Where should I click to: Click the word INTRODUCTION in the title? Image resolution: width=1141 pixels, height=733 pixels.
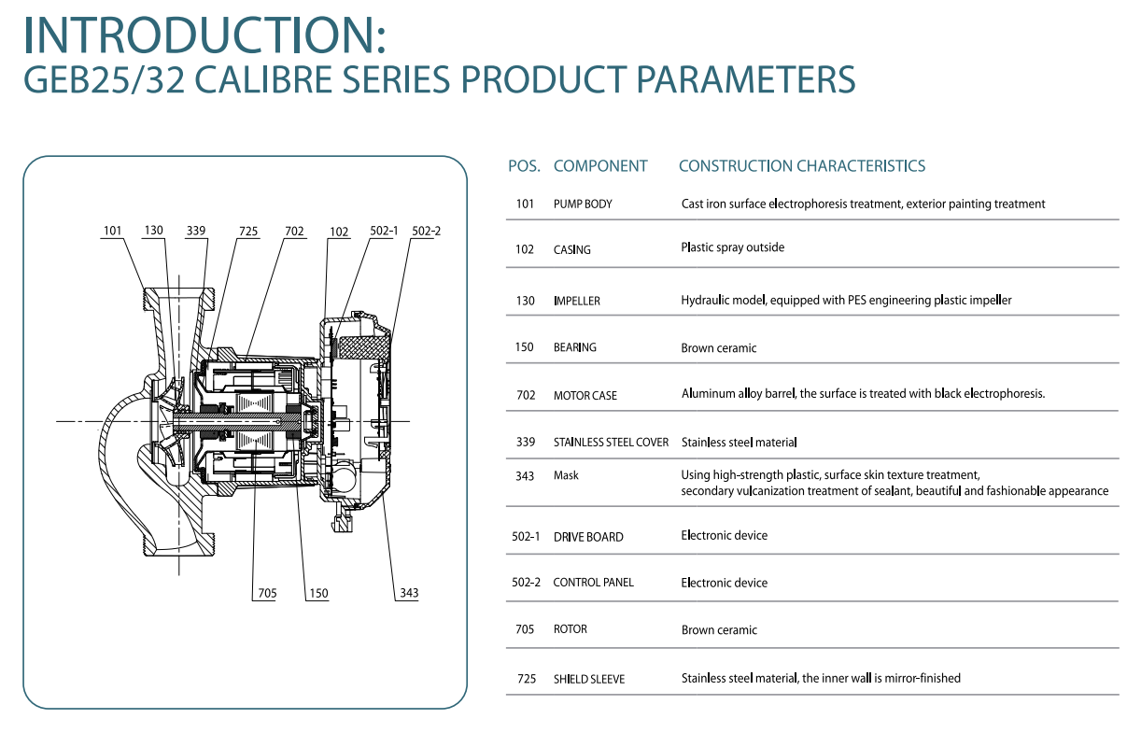coord(200,35)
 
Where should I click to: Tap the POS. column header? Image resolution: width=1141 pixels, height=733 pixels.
coord(524,166)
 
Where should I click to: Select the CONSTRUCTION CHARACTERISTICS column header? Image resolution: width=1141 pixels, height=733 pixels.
coord(802,166)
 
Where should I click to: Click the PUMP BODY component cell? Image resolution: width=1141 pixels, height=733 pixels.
coord(583,204)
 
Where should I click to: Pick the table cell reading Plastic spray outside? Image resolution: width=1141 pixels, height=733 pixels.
coord(732,247)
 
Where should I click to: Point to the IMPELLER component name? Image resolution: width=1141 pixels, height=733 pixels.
coord(577,301)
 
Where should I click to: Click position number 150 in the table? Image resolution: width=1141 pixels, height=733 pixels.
coord(524,347)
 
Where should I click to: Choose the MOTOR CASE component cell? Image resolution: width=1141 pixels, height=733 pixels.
coord(585,396)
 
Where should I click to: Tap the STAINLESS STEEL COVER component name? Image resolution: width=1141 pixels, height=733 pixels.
coord(611,443)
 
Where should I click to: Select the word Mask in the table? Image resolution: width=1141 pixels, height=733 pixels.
coord(566,475)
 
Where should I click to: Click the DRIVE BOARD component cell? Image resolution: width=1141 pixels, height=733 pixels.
coord(588,537)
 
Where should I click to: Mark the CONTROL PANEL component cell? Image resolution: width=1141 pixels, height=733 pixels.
coord(594,583)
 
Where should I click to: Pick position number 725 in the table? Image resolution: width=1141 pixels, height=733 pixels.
coord(527,679)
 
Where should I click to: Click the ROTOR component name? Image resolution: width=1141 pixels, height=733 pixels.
coord(570,629)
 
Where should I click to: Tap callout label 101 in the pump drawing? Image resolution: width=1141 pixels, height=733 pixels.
coord(113,231)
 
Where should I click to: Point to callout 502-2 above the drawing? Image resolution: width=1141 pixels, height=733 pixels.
coord(426,231)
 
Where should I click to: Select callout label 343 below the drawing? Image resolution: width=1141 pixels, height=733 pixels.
coord(409,593)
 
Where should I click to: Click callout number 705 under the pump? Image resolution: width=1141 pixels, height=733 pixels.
coord(267,594)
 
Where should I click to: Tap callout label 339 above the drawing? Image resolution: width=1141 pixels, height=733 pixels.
coord(196,231)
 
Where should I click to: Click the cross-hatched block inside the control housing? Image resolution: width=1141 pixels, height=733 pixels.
coord(362,346)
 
